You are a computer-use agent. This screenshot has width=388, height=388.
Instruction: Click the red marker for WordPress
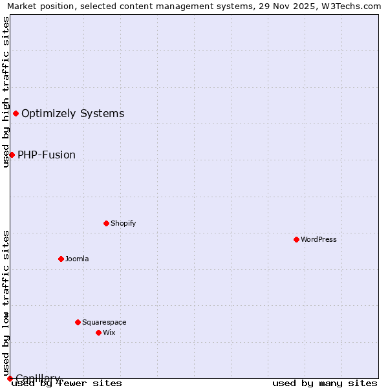coord(296,239)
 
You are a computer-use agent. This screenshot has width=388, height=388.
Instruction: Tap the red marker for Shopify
coord(106,223)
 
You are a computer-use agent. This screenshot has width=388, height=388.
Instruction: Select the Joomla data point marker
coord(61,259)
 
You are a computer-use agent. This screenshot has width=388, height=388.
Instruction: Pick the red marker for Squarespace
coord(78,322)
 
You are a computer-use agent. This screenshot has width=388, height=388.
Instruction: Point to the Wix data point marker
coord(98,332)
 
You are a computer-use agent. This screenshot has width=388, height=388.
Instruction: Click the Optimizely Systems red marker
coord(16,114)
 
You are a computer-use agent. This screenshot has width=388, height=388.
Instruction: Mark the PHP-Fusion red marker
coord(12,155)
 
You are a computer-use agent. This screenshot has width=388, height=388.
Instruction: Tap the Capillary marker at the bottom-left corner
coord(10,378)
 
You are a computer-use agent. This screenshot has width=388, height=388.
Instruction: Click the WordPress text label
coord(319,239)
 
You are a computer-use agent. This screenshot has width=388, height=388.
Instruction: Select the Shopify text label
coord(123,223)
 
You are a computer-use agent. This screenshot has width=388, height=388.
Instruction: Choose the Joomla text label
coord(77,259)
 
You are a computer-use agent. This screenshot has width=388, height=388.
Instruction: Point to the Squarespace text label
coord(104,322)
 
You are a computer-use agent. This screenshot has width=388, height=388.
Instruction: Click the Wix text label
coord(109,332)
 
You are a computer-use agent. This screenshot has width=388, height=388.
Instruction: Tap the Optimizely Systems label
coord(72,114)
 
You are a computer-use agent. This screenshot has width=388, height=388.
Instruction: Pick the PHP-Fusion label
coord(47,155)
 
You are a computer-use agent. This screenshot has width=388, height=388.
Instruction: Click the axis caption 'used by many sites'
coord(325,383)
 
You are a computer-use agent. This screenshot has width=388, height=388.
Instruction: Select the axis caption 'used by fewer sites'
coord(67,383)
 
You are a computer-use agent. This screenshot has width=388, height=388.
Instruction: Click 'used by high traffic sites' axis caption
coord(6,92)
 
